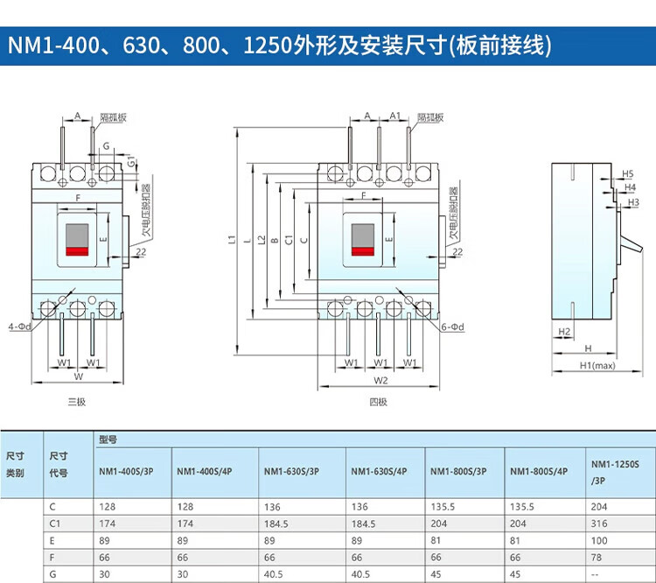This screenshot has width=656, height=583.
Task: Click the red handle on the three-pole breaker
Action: click(x=78, y=251)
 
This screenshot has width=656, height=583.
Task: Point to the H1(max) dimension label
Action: click(x=597, y=366)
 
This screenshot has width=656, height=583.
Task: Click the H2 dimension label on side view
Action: click(x=564, y=331)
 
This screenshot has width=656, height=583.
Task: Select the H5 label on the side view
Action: click(x=628, y=173)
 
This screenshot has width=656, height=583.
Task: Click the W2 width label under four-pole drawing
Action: click(x=380, y=381)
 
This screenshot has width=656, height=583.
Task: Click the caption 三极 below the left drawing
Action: click(x=78, y=402)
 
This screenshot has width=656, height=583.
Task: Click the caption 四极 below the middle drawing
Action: click(x=377, y=402)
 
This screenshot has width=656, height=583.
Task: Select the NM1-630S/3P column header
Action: click(x=291, y=473)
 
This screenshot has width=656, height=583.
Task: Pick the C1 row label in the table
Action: click(x=57, y=523)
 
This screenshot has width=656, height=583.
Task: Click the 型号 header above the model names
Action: click(x=108, y=439)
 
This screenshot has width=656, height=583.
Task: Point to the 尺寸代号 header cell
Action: click(x=59, y=465)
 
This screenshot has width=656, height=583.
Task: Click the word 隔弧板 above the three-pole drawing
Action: click(x=113, y=116)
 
